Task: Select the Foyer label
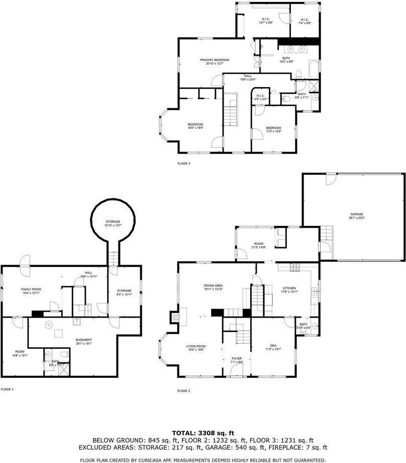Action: click(x=236, y=359)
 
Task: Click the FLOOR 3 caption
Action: click(x=184, y=163)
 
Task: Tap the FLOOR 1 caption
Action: click(x=7, y=389)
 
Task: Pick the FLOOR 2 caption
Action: click(x=184, y=391)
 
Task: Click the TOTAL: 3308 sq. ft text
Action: click(x=203, y=432)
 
